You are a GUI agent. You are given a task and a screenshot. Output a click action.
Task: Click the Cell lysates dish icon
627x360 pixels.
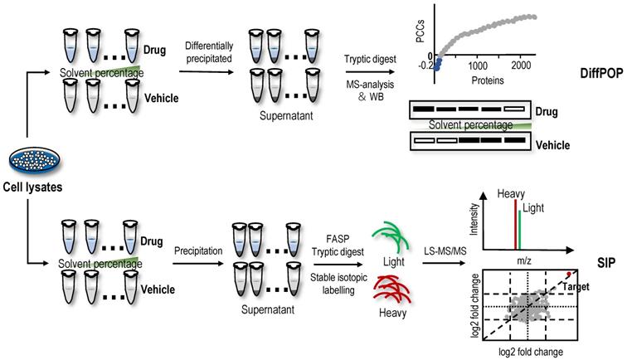[31, 162]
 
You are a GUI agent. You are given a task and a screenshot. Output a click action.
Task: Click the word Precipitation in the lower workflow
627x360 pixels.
[197, 248]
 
